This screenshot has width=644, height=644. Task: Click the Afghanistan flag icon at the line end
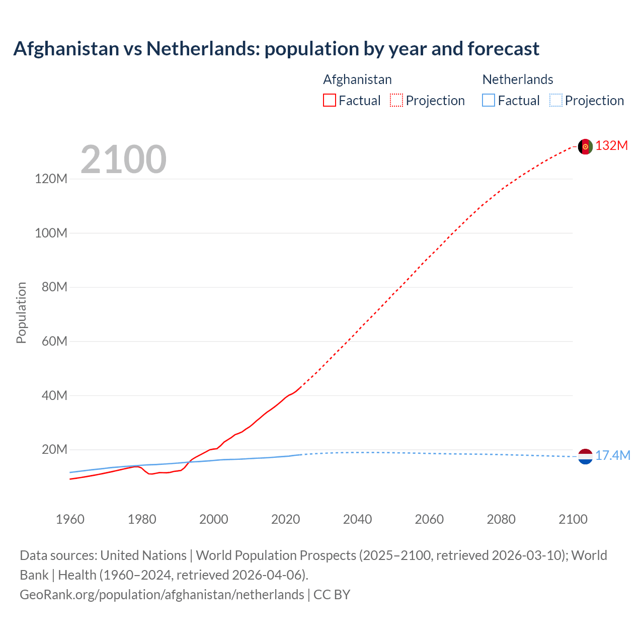pos(585,146)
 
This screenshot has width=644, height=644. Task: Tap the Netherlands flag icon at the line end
pos(585,456)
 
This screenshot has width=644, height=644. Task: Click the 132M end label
pos(612,146)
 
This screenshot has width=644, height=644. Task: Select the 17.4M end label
pos(613,456)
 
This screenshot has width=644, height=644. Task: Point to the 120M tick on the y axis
pos(51,179)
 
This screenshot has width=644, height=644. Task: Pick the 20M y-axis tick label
pos(54,450)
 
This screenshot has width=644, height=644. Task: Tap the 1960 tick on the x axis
pos(70,520)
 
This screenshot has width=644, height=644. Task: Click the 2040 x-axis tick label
pos(357,520)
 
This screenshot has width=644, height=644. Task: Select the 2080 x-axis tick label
pos(501,520)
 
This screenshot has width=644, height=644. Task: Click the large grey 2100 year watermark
pos(123,159)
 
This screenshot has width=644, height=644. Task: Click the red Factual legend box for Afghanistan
pos(330,101)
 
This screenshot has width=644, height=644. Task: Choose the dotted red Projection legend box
pos(396,101)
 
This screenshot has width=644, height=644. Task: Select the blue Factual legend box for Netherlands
pos(489,101)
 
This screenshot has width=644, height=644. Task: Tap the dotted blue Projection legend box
pos(556,101)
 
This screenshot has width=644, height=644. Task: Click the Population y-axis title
pos(21,312)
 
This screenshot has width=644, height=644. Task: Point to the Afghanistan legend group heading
pos(357,79)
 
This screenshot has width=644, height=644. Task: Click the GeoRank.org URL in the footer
pos(162,595)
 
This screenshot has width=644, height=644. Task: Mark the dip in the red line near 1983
pos(150,474)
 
